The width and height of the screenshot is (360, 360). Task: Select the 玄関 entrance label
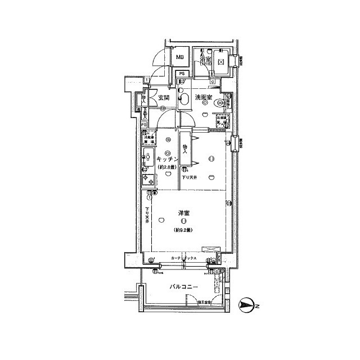coord(164,97)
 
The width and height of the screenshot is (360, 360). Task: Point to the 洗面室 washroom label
coord(203,97)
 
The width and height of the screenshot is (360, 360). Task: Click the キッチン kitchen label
coord(167,159)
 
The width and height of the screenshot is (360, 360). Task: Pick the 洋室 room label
coord(183,213)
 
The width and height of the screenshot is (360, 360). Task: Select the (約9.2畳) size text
coord(183,230)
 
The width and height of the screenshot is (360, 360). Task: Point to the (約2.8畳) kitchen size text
coord(167,167)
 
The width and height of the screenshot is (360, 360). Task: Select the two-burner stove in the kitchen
coord(148,180)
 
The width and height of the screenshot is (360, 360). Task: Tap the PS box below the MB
coord(182,74)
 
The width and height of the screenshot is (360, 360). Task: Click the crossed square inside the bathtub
coord(220,61)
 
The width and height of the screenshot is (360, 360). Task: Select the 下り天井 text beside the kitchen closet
coord(190,177)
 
